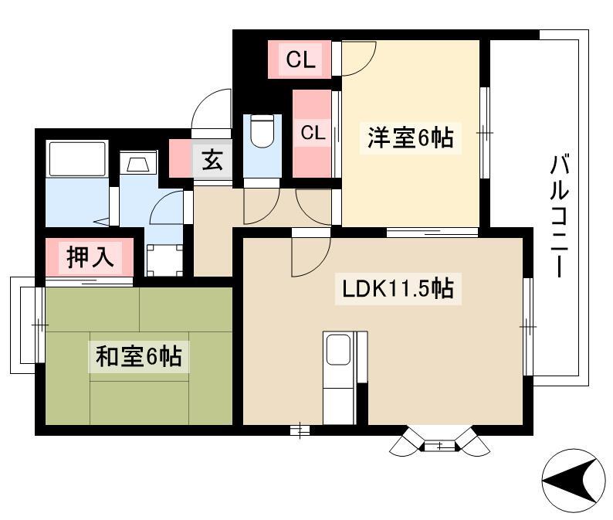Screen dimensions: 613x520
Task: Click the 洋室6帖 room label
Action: pyautogui.click(x=410, y=138)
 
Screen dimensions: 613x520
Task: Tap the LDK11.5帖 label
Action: pyautogui.click(x=398, y=289)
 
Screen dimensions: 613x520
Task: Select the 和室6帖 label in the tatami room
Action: pyautogui.click(x=139, y=356)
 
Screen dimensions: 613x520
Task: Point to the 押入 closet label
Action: pyautogui.click(x=90, y=257)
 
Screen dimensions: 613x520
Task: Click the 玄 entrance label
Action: pyautogui.click(x=212, y=161)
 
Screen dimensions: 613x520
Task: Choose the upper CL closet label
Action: pyautogui.click(x=300, y=59)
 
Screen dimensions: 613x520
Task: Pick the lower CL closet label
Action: pyautogui.click(x=313, y=133)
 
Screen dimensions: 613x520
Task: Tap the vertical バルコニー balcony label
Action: pyautogui.click(x=560, y=216)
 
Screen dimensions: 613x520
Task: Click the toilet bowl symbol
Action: pyautogui.click(x=262, y=131)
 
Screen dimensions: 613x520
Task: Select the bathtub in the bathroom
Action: pyautogui.click(x=77, y=159)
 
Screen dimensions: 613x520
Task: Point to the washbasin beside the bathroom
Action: pyautogui.click(x=138, y=163)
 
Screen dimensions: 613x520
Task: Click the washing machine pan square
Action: pyautogui.click(x=164, y=260)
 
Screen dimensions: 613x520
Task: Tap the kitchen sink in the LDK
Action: pyautogui.click(x=338, y=349)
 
